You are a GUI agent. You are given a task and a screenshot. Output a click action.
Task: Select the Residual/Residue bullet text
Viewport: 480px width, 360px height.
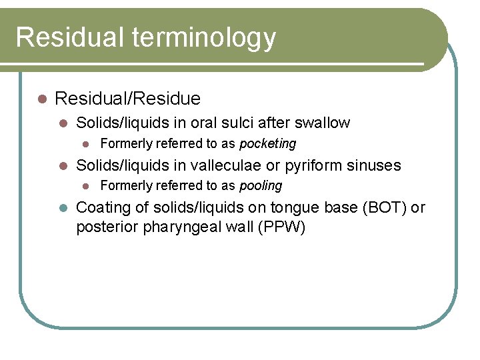pos(127,99)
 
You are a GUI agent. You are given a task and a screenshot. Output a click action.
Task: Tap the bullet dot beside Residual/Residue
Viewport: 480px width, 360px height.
pos(41,99)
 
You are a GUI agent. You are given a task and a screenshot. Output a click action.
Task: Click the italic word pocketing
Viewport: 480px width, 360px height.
pos(267,143)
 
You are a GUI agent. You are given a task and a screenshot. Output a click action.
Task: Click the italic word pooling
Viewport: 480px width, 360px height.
pos(261,185)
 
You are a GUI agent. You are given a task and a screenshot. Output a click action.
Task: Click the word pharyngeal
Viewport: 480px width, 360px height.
pos(176,227)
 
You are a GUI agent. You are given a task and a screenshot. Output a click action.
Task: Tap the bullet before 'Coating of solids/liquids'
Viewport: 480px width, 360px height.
pos(64,207)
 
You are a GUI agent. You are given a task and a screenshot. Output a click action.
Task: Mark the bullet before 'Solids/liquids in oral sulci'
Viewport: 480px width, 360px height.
pos(64,123)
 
